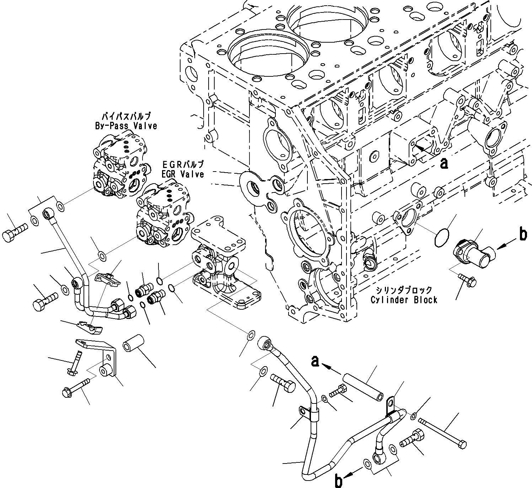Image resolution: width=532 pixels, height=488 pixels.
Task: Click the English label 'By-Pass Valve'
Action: coord(126,126)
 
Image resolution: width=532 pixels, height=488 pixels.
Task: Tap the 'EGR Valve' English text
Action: coord(183,174)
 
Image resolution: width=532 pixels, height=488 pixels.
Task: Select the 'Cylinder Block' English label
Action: coord(404,300)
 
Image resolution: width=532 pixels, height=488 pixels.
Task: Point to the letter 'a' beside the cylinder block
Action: coord(444,163)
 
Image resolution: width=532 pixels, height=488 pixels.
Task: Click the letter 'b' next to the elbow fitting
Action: coord(523,235)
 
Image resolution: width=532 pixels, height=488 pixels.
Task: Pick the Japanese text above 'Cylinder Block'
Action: coord(404,289)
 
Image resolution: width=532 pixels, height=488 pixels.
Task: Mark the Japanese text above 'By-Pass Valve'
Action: coord(126,116)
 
